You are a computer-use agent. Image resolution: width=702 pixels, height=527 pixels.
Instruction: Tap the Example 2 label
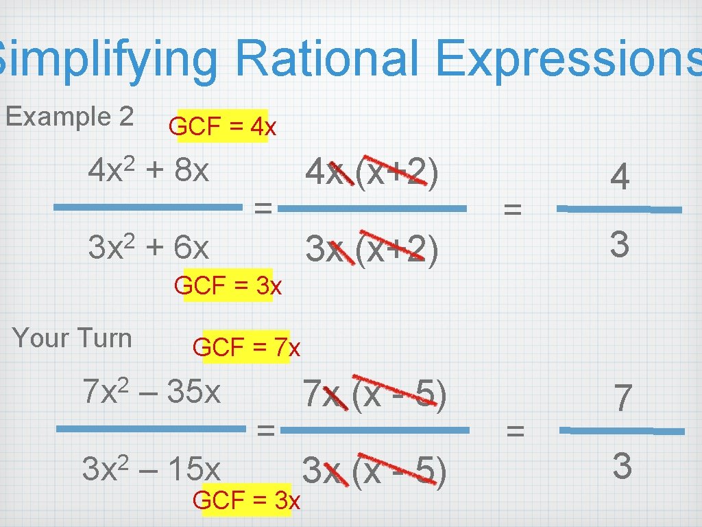click(69, 117)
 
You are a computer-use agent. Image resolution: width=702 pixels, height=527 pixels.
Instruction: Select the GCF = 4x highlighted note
click(223, 126)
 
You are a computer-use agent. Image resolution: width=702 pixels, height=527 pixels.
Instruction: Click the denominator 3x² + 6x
click(148, 246)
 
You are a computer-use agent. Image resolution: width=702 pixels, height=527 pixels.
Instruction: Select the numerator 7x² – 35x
click(151, 392)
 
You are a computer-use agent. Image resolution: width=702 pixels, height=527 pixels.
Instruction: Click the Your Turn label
click(72, 338)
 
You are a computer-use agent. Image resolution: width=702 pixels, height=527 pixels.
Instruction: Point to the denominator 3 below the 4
click(620, 244)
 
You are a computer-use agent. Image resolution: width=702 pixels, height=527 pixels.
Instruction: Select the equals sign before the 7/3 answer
click(514, 431)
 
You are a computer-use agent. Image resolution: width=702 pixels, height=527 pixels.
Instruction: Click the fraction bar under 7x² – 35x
click(150, 430)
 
